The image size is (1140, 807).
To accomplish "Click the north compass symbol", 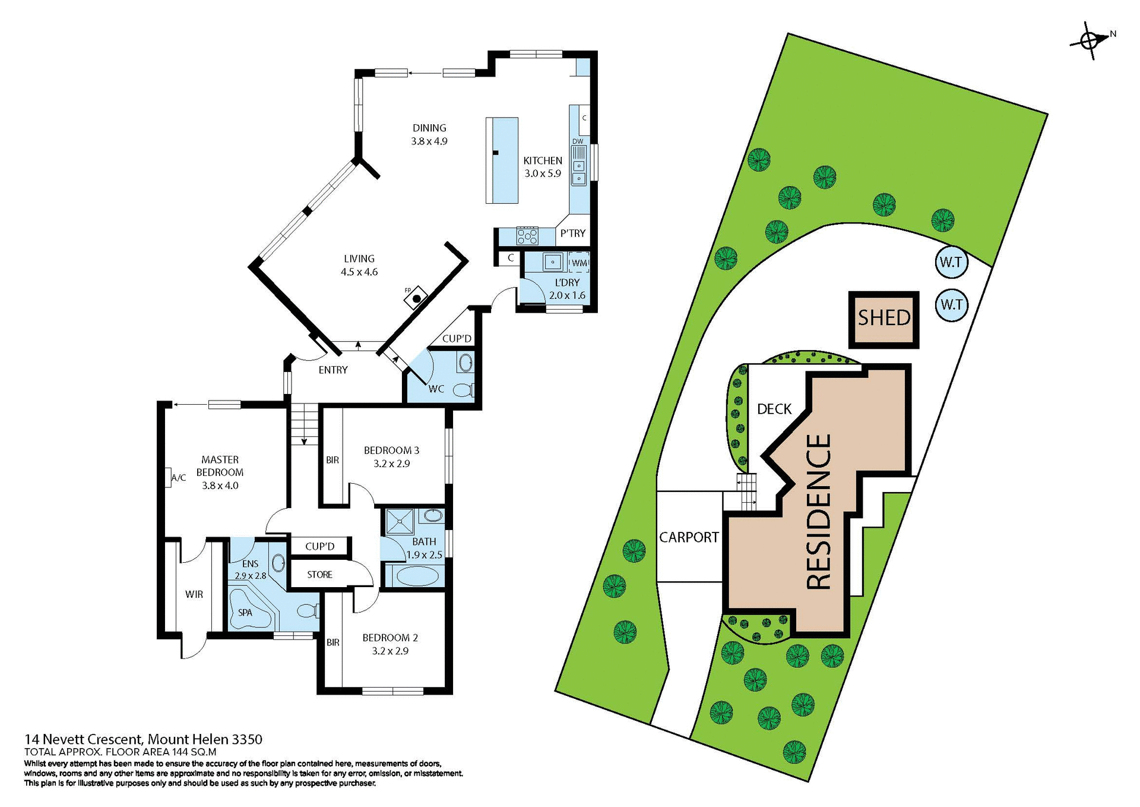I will [x=1090, y=41].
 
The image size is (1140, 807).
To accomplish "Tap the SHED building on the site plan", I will [x=883, y=319].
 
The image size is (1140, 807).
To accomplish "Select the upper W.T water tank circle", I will [x=951, y=262].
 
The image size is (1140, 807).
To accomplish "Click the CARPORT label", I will [x=689, y=537].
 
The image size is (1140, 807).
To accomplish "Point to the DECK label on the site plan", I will [x=774, y=409].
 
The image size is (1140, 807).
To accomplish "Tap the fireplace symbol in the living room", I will [x=417, y=298].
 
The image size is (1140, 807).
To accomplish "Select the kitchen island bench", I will [x=502, y=160].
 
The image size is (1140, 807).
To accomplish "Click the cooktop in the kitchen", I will [x=527, y=236].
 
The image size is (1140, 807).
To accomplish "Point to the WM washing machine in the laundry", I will [x=579, y=262].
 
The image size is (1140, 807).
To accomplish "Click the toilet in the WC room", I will [x=463, y=390].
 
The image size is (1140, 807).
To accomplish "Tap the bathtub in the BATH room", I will [x=414, y=576].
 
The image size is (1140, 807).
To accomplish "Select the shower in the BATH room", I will [x=401, y=522].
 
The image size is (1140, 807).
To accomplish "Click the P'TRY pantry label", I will [x=573, y=234].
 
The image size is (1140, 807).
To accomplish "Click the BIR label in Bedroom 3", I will [x=332, y=460].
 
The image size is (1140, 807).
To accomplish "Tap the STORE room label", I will [x=319, y=575].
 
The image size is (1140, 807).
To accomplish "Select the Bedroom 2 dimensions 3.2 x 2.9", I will [x=390, y=651].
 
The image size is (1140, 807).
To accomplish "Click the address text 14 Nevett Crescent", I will [x=83, y=740].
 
